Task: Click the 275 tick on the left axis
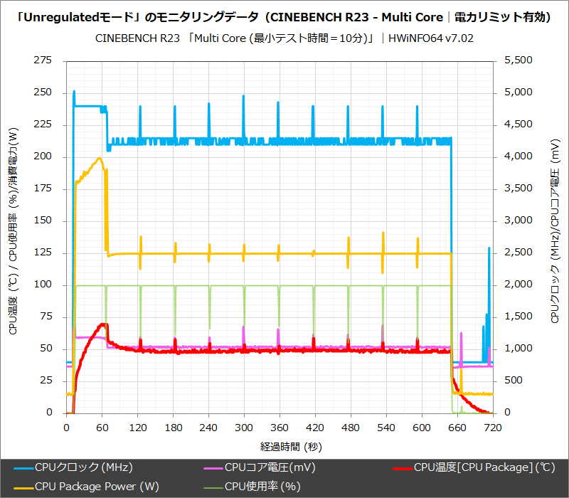click(x=43, y=61)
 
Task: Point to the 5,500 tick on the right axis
click(x=517, y=61)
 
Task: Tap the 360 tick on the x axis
click(x=279, y=428)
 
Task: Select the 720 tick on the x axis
click(x=492, y=428)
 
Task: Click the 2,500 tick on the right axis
click(x=517, y=253)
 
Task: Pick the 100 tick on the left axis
click(x=43, y=285)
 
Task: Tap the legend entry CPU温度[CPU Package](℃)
click(x=484, y=467)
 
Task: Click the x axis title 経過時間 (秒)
click(x=279, y=446)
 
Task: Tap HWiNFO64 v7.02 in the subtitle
click(x=430, y=38)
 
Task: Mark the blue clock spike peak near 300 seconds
click(x=243, y=96)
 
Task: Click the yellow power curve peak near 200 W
click(x=100, y=159)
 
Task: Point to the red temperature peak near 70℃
click(x=104, y=324)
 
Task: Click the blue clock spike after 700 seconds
click(x=489, y=248)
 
